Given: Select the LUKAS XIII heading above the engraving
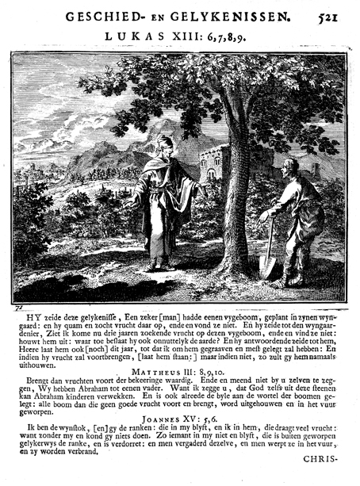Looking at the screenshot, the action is pyautogui.click(x=178, y=38).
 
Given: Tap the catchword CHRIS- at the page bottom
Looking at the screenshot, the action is pyautogui.click(x=324, y=461).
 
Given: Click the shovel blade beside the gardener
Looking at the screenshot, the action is pyautogui.click(x=267, y=264).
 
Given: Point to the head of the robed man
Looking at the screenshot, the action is pyautogui.click(x=165, y=146).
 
